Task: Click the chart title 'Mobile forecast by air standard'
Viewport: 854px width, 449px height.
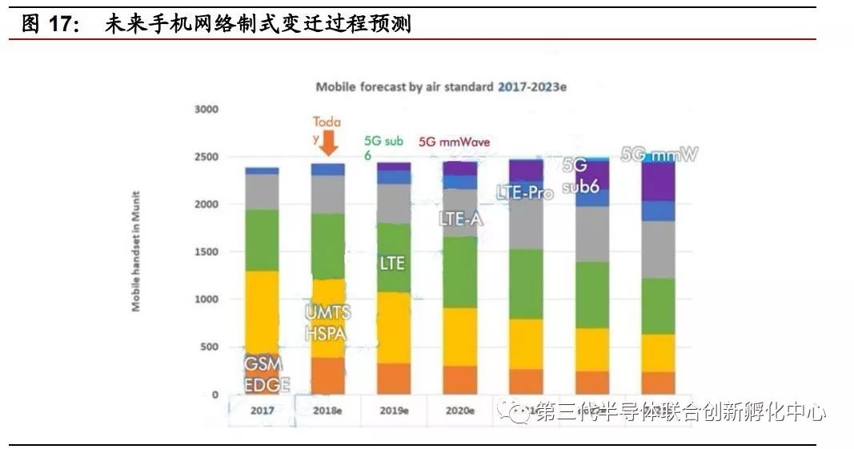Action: point(403,87)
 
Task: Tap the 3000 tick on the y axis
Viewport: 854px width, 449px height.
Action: point(206,109)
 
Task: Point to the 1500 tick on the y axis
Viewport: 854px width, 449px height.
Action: point(206,252)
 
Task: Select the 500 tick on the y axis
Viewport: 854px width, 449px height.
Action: point(208,347)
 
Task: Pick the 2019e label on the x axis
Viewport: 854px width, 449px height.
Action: point(393,411)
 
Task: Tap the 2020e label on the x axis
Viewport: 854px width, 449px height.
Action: point(459,411)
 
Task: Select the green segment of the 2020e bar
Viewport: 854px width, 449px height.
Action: point(459,272)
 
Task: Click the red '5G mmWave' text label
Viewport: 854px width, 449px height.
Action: point(455,142)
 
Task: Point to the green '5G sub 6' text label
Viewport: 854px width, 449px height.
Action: point(383,147)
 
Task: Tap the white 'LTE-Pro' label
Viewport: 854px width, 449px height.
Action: point(524,193)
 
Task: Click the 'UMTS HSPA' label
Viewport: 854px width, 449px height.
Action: point(327,323)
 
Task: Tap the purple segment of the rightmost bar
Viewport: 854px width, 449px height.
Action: point(658,182)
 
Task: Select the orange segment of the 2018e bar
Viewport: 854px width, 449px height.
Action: point(327,375)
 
